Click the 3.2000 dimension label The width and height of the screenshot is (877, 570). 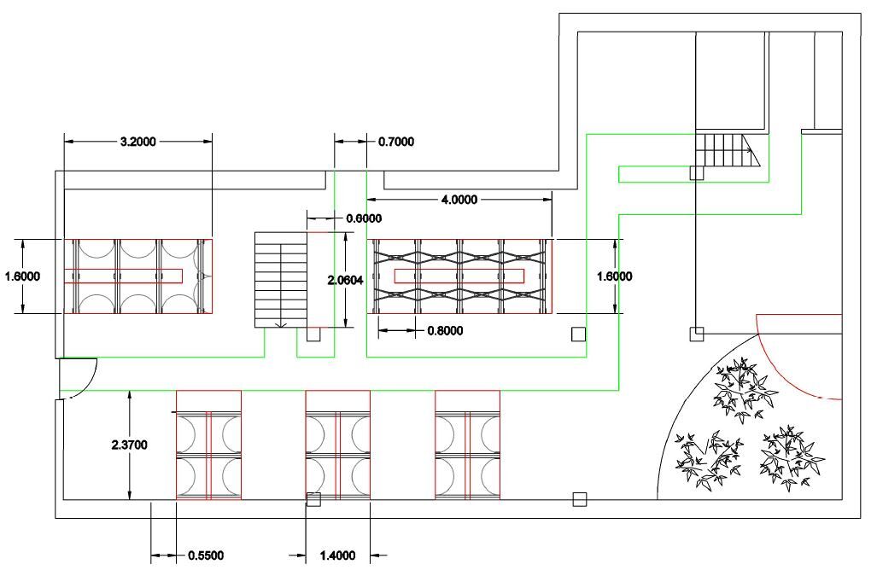(x=138, y=142)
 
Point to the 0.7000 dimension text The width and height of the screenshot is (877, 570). (x=396, y=142)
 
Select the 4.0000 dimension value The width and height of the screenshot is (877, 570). (x=459, y=200)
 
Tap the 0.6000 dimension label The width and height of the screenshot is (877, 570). (x=364, y=218)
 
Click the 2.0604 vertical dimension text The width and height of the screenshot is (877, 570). (x=345, y=280)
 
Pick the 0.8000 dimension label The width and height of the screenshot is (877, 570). (x=445, y=331)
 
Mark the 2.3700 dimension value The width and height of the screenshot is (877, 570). (x=129, y=445)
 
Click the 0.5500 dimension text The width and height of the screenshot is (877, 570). (x=206, y=555)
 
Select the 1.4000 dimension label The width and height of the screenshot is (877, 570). (x=337, y=555)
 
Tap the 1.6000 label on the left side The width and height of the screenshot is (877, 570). (x=22, y=276)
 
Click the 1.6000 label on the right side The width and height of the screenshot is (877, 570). (x=615, y=276)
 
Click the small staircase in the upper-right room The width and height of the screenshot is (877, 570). (x=728, y=150)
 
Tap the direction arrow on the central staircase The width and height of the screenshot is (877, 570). (x=281, y=323)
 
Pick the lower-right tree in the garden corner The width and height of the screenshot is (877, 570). (x=791, y=457)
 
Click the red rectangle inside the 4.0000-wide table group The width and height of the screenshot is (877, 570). (x=459, y=276)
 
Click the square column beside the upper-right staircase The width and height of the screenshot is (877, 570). (x=696, y=172)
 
